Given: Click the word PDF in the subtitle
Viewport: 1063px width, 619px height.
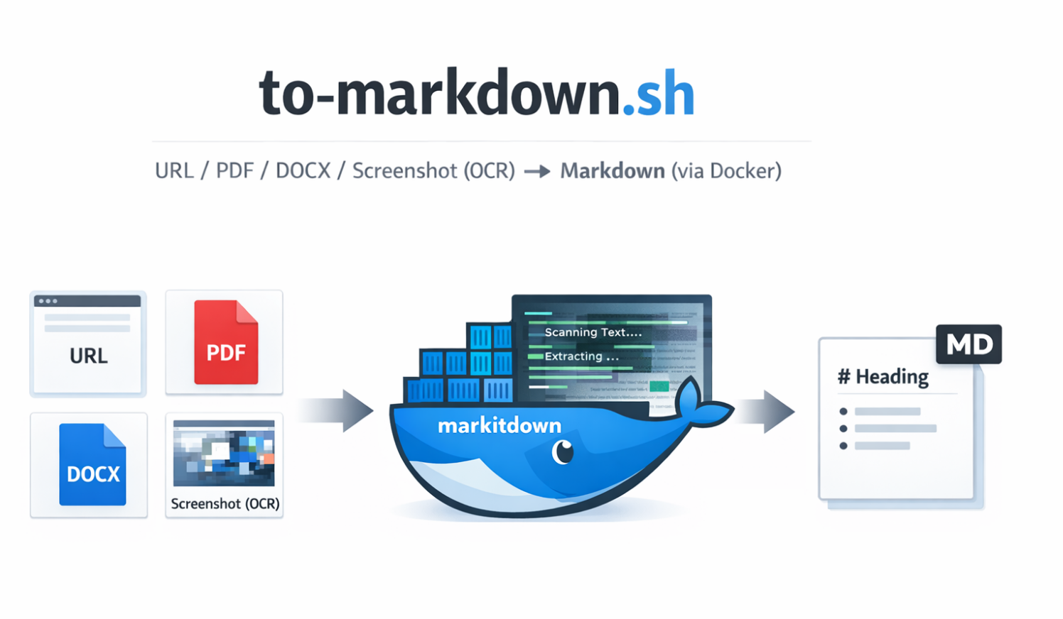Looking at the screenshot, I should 234,171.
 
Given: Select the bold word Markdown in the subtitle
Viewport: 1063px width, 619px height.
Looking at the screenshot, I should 613,171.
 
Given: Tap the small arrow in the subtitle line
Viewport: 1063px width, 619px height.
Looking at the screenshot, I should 537,172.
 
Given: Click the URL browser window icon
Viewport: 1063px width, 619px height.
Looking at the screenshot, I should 87,342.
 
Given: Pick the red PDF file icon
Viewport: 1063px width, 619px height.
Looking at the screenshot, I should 225,342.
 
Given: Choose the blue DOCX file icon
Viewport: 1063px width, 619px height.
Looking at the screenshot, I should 92,465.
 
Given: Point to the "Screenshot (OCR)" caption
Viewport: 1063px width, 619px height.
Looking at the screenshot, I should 225,504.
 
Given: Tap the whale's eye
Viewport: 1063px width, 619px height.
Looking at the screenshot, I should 563,451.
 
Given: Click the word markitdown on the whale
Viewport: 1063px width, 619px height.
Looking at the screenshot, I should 500,426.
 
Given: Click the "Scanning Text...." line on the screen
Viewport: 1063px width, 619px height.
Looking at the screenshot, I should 593,332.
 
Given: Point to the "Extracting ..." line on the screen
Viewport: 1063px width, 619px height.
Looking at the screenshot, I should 581,356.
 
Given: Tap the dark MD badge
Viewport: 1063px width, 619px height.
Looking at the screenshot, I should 968,345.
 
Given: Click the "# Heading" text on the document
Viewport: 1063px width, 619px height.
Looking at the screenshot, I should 883,376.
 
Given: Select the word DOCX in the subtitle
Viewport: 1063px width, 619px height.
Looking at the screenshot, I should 303,171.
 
